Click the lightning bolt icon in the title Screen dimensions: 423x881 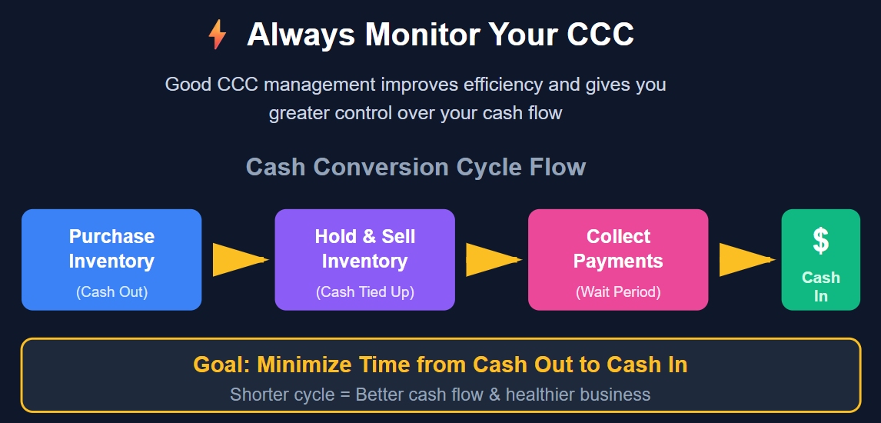pyautogui.click(x=218, y=35)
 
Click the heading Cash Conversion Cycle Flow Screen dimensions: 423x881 pyautogui.click(x=416, y=167)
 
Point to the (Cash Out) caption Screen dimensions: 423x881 pyautogui.click(x=111, y=291)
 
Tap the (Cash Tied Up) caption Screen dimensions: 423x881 pyautogui.click(x=364, y=291)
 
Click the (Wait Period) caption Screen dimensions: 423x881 pyautogui.click(x=618, y=291)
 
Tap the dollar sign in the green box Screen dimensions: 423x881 pyautogui.click(x=820, y=241)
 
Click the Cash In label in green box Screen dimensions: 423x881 pyautogui.click(x=820, y=286)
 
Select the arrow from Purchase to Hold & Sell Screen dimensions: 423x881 pyautogui.click(x=238, y=260)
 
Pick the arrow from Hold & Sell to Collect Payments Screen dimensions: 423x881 pyautogui.click(x=491, y=260)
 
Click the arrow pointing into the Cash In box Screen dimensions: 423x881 pyautogui.click(x=744, y=260)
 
